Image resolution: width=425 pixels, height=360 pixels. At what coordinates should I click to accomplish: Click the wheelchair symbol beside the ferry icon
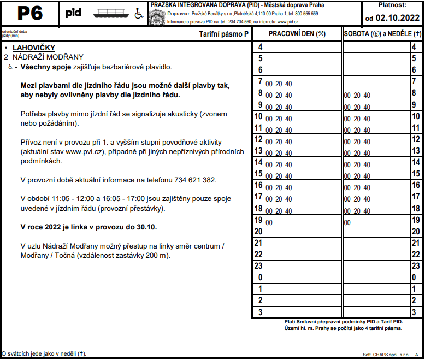coord(139,14)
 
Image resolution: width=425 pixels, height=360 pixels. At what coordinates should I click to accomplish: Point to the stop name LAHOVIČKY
coord(34,48)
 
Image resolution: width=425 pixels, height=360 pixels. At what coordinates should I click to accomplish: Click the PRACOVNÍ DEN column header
coord(297,33)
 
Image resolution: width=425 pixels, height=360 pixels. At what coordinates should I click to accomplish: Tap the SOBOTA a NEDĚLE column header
coord(383,33)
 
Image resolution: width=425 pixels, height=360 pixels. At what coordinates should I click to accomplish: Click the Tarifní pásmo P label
coord(223,34)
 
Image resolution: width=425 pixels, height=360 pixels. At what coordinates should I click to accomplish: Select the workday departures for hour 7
coord(279,84)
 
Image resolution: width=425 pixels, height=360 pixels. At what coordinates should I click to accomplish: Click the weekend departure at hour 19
coord(347,223)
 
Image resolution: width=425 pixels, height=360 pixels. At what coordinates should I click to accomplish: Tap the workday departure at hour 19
coord(269,223)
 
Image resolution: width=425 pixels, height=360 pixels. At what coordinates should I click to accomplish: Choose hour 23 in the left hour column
coord(259,266)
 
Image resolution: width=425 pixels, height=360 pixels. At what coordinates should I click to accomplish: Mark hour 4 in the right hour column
coord(416,48)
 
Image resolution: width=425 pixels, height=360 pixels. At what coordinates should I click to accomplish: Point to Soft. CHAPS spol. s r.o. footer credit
coord(385,355)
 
